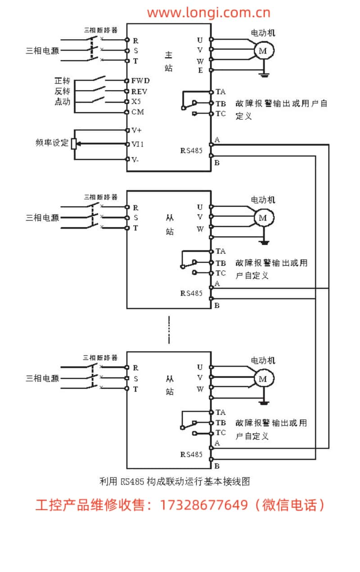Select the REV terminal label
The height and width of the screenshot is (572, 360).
[x=139, y=91]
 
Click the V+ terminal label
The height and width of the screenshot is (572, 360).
[x=136, y=130]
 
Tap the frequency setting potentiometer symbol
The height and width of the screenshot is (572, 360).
[x=74, y=144]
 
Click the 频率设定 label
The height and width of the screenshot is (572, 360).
[x=52, y=143]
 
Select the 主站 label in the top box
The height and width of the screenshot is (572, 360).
[x=169, y=62]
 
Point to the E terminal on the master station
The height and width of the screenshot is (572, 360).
[x=200, y=70]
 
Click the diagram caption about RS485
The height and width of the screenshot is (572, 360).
[x=174, y=481]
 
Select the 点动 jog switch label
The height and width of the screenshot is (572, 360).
[x=62, y=102]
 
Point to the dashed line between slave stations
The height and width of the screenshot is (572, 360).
[x=169, y=330]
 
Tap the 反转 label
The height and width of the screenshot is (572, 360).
[x=62, y=91]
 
